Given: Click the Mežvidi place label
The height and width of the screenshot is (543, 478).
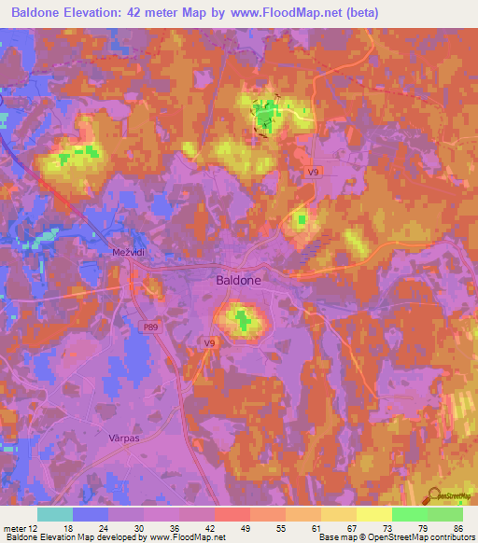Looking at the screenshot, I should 119,252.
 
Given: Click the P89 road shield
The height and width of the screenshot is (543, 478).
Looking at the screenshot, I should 151,327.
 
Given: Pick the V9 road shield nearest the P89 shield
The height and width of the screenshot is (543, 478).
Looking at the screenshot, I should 210,343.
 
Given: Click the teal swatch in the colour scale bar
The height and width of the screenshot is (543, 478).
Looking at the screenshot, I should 54,514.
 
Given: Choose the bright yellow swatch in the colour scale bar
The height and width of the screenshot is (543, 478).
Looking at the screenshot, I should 374,514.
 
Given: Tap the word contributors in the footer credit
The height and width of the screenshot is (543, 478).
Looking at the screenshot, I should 452,538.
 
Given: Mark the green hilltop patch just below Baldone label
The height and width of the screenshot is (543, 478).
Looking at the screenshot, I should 243,321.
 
